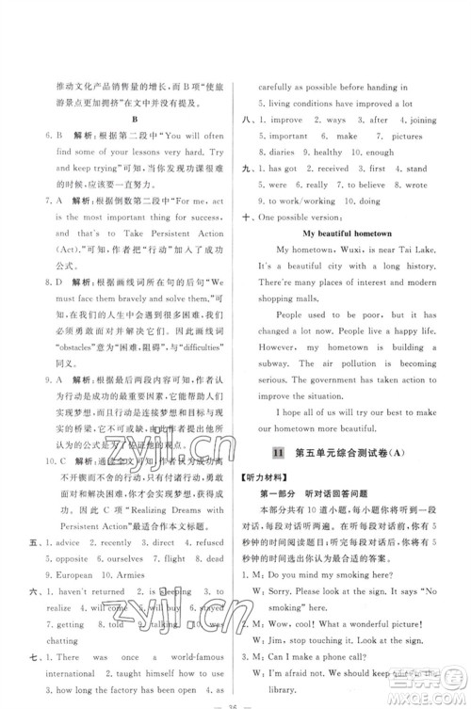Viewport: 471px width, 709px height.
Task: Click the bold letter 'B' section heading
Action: pyautogui.click(x=137, y=120)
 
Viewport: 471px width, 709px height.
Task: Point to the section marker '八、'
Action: pyautogui.click(x=248, y=121)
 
